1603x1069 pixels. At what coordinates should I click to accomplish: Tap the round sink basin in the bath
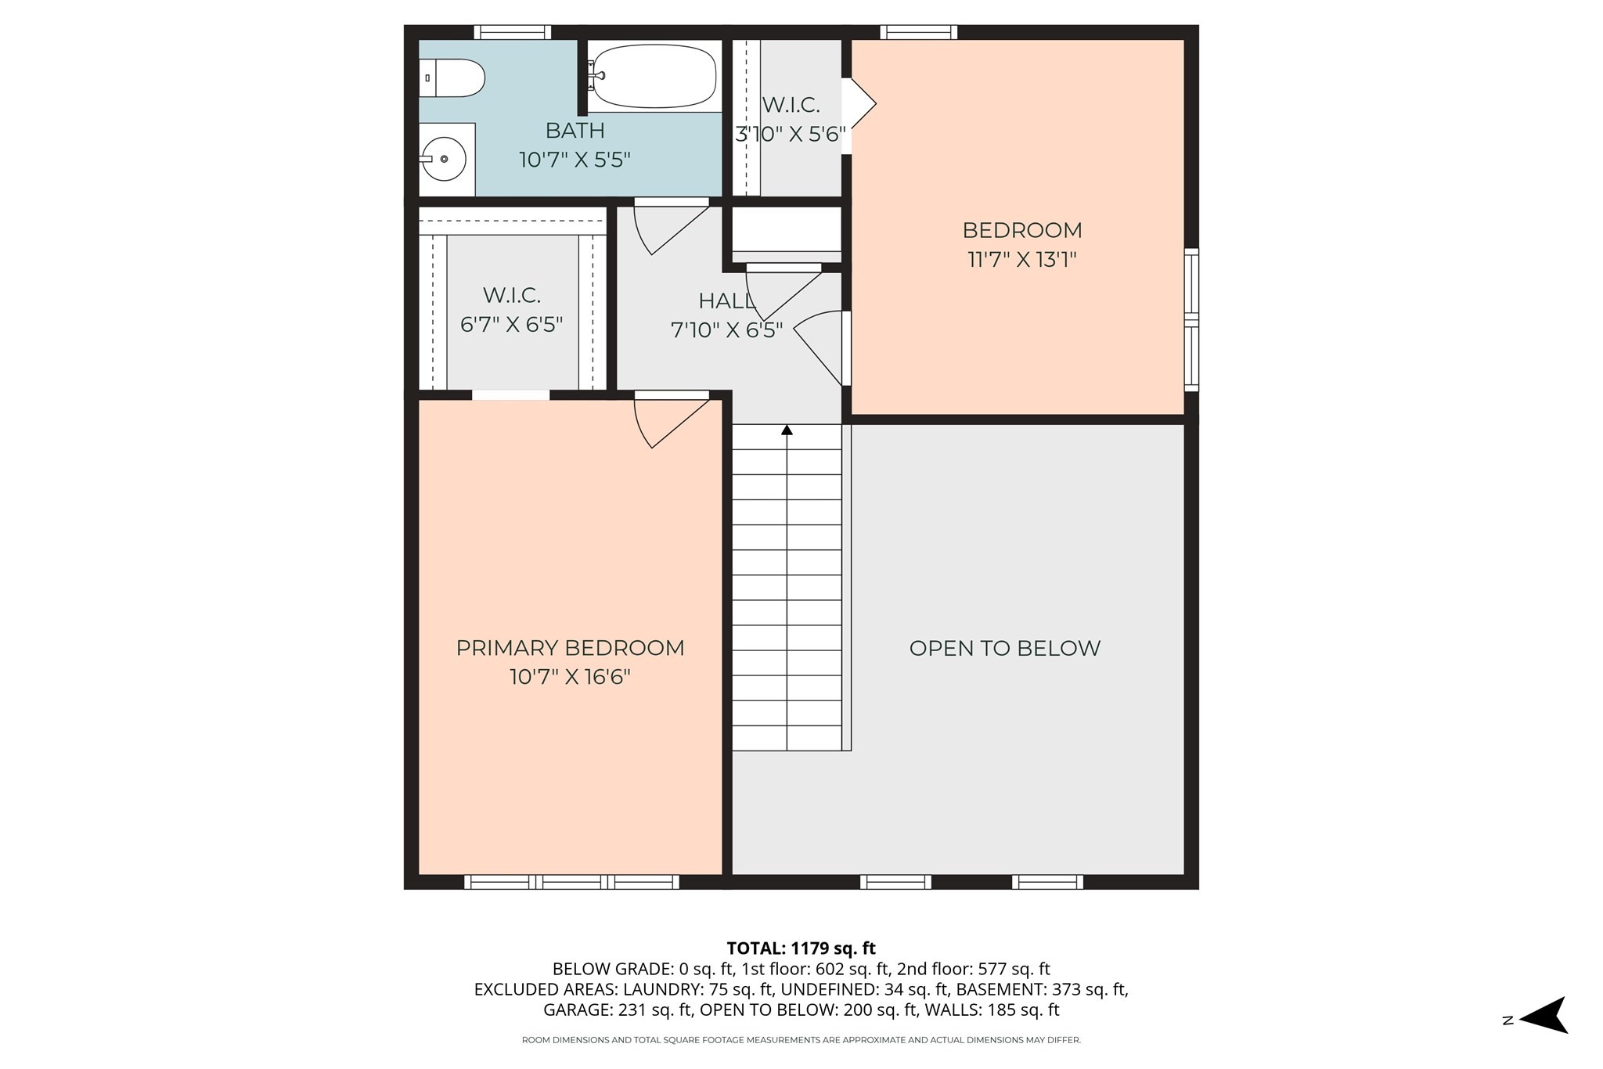(444, 159)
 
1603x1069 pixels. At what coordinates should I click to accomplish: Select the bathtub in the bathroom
(654, 76)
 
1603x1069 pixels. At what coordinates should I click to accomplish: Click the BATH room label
(575, 130)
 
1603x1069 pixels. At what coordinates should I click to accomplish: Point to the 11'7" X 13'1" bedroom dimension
(1022, 260)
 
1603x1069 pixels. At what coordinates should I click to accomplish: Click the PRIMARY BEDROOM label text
(570, 648)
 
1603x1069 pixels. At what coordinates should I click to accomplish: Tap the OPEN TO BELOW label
(1004, 648)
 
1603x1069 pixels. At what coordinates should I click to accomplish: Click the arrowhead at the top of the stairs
(787, 430)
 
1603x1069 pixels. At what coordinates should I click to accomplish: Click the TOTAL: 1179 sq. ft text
(801, 948)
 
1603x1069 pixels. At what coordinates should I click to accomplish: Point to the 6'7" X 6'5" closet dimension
(511, 324)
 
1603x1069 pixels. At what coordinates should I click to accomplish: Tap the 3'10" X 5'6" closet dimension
(791, 135)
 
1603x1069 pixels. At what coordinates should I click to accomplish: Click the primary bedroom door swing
(665, 423)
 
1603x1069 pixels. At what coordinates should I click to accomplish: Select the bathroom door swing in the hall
(665, 229)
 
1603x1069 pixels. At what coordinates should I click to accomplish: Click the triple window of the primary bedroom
(571, 882)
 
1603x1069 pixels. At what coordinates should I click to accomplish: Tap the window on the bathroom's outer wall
(512, 32)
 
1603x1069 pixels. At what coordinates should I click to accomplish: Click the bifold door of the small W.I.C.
(859, 104)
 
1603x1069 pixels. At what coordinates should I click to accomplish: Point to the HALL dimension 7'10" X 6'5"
(726, 330)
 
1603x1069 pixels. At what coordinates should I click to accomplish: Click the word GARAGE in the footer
(578, 1010)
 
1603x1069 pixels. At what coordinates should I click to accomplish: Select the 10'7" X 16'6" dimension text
(570, 677)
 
